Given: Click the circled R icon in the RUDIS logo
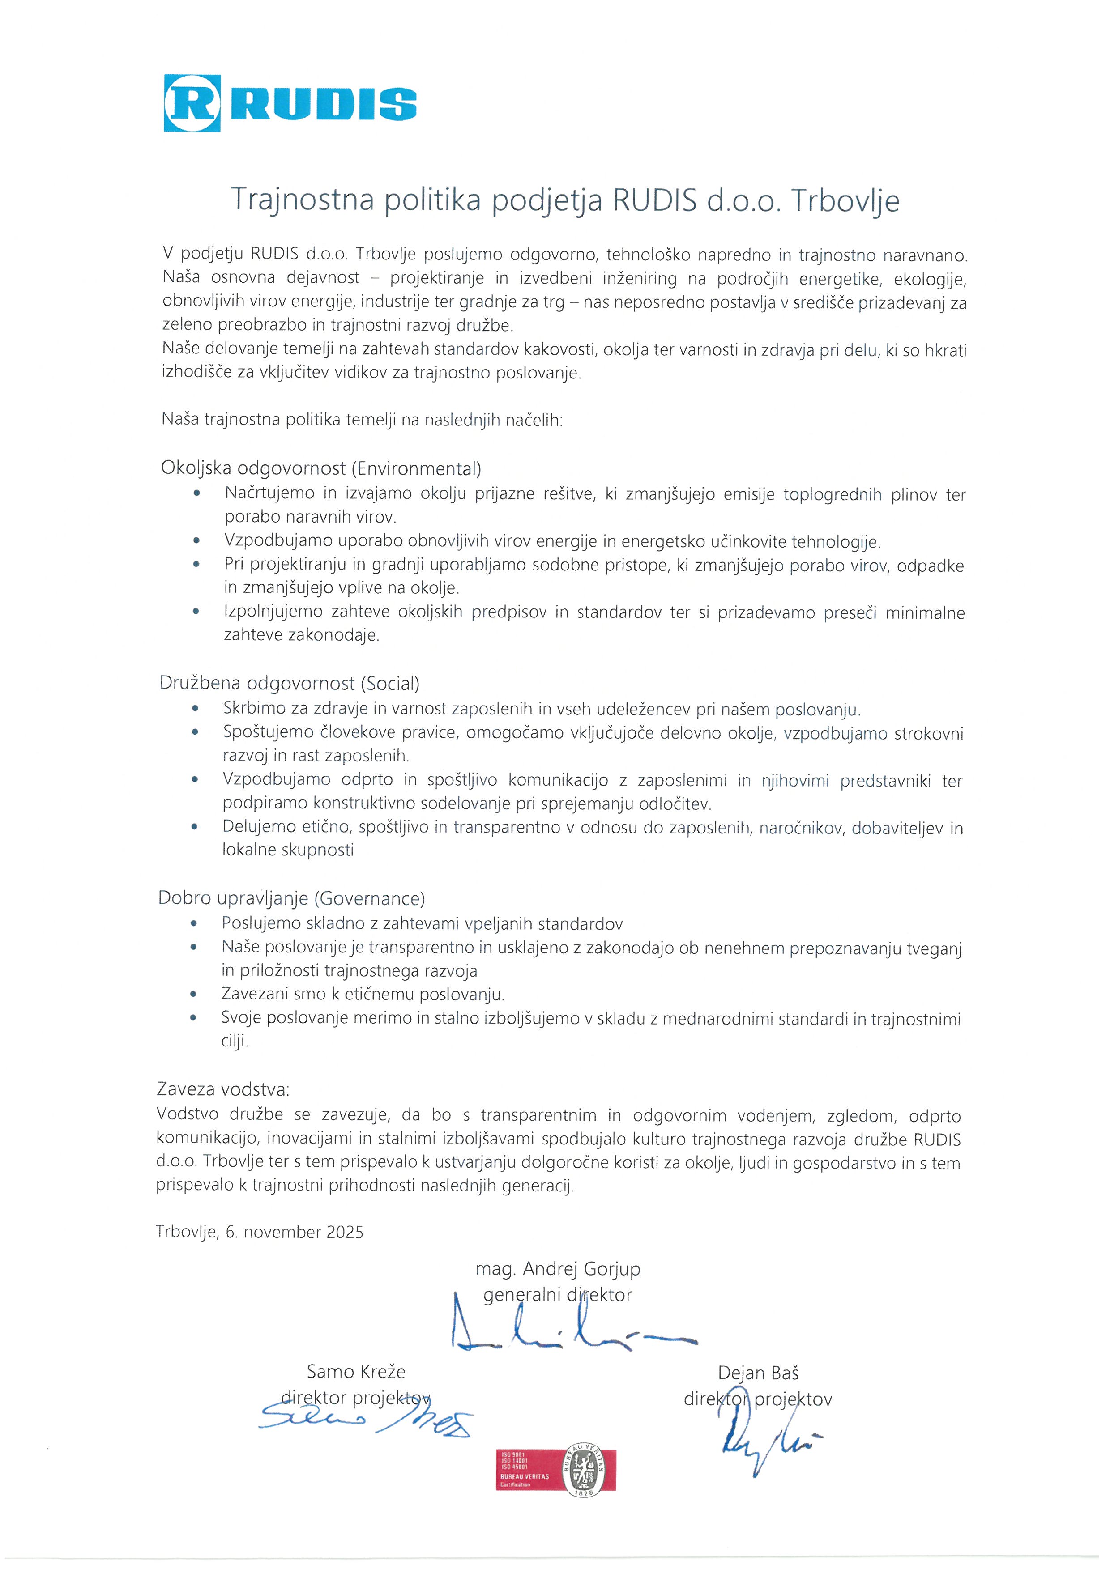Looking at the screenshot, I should click(192, 103).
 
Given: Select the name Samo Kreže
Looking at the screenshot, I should click(356, 1372).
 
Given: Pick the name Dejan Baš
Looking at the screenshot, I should click(758, 1373).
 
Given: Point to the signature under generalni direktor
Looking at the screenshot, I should click(567, 1333).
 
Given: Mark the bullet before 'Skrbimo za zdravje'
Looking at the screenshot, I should click(196, 710).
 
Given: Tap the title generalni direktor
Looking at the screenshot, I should click(558, 1294).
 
